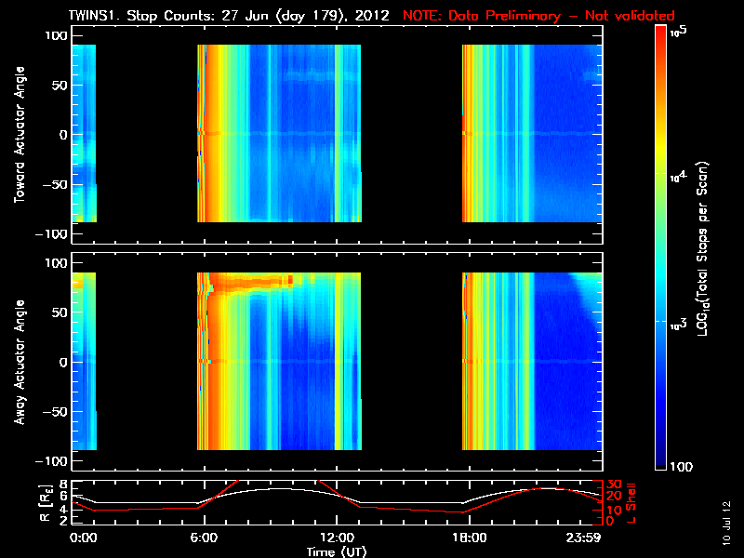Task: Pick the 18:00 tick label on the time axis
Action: pos(468,538)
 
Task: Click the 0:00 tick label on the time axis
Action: pos(83,538)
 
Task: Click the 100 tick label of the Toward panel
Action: pos(55,34)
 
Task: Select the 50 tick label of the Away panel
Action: pos(59,312)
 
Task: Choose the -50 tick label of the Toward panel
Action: pos(55,185)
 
